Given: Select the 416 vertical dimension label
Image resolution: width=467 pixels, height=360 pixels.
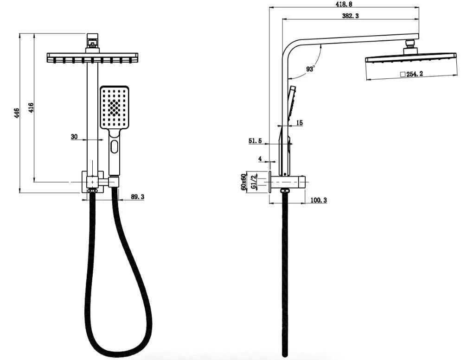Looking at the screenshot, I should pyautogui.click(x=31, y=108).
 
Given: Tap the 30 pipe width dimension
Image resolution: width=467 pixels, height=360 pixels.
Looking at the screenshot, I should pyautogui.click(x=74, y=137).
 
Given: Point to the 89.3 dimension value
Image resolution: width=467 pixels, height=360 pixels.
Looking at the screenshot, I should pyautogui.click(x=137, y=197).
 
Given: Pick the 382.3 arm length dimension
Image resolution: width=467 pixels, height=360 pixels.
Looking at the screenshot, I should pyautogui.click(x=350, y=16).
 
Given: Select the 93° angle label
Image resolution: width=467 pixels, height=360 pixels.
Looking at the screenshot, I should pyautogui.click(x=310, y=69).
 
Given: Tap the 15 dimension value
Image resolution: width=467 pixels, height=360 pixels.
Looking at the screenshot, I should pyautogui.click(x=299, y=123).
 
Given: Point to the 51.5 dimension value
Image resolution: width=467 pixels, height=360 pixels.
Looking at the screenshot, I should pyautogui.click(x=256, y=141).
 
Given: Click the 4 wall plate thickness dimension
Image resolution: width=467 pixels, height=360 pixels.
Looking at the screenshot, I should pyautogui.click(x=260, y=158).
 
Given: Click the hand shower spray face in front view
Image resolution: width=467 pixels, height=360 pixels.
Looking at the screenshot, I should pyautogui.click(x=114, y=107).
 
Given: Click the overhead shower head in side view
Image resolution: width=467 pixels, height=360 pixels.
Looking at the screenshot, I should pyautogui.click(x=410, y=57).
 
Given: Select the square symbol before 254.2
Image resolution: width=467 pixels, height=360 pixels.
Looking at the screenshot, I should pyautogui.click(x=403, y=74).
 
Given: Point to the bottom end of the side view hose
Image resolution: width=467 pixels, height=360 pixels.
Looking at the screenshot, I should pyautogui.click(x=285, y=354).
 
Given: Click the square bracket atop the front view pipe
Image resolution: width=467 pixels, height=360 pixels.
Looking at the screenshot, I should pyautogui.click(x=93, y=41).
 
